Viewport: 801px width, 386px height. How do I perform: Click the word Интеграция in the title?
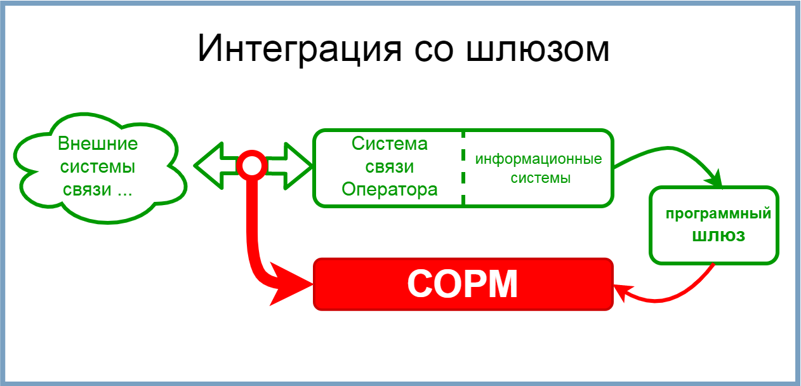pos(300,49)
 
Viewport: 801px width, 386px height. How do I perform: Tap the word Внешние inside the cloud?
pos(98,144)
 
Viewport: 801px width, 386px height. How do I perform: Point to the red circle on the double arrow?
pos(252,165)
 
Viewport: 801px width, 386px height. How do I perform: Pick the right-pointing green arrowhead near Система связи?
pos(298,166)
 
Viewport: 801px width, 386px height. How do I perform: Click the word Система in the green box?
pos(390,144)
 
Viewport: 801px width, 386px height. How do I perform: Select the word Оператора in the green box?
pos(390,190)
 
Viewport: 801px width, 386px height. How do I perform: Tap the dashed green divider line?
pos(463,168)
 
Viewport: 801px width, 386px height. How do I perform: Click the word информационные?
pos(538,159)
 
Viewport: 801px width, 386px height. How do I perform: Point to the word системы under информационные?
pos(540,178)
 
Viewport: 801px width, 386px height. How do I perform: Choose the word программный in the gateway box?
pos(718,215)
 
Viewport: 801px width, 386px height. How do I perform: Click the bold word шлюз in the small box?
pos(718,236)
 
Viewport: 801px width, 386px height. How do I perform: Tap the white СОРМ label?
pos(463,284)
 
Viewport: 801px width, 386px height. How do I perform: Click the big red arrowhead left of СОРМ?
pos(290,284)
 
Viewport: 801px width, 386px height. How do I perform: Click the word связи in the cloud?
pos(87,190)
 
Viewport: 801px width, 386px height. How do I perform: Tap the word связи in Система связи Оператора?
pos(390,167)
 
